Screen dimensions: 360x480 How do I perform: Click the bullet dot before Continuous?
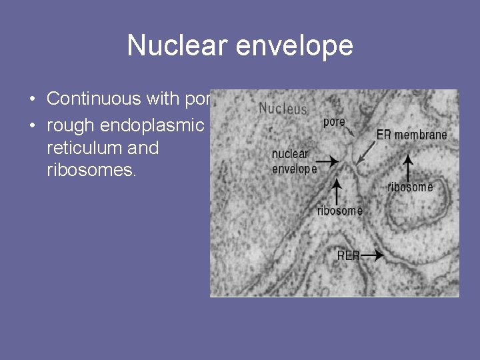point(33,99)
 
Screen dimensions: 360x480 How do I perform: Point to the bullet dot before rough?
point(33,124)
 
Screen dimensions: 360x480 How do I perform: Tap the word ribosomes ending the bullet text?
point(91,171)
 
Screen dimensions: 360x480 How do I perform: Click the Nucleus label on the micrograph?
point(283,108)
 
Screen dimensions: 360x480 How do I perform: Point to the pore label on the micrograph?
point(334,122)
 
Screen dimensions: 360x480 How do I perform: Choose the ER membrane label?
point(411,135)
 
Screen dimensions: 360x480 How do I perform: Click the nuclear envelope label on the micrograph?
point(294,162)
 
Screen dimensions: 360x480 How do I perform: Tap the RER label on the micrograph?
point(349,255)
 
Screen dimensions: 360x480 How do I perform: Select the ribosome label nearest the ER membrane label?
point(410,187)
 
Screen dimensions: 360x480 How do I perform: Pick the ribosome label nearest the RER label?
point(339,211)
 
